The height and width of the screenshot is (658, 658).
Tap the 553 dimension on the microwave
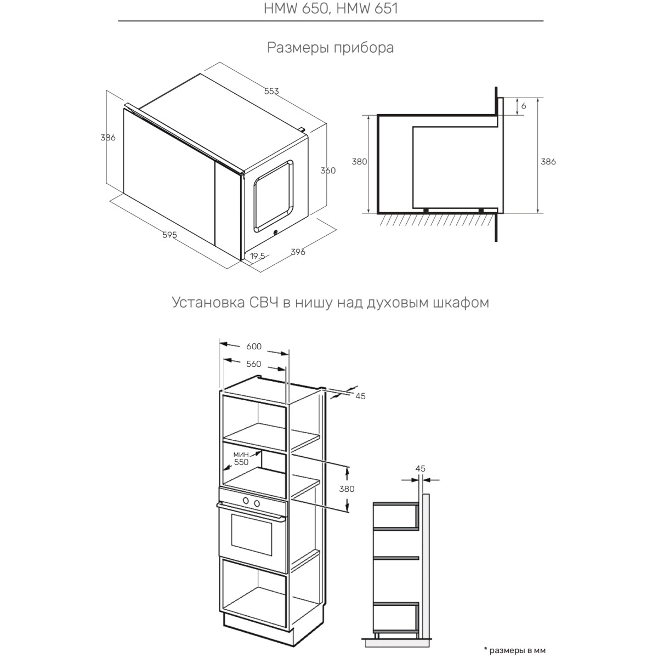coord(271,91)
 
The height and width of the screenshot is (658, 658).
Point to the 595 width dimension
coord(169,235)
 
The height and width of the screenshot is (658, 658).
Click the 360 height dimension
coord(328,171)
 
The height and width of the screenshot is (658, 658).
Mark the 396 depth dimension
coord(298,252)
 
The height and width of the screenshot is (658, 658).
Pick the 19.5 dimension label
coord(258,256)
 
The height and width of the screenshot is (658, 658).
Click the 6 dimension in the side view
coord(524,106)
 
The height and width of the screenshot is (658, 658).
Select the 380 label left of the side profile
coord(360,162)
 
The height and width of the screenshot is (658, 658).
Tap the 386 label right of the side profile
coord(548,162)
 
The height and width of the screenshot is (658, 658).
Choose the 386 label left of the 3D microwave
coord(108,138)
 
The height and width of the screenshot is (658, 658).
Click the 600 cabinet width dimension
coord(254,347)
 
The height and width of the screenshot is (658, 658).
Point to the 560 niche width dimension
coord(253,364)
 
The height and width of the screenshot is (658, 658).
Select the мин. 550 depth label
coord(241,458)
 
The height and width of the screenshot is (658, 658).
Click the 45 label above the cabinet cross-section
coord(421,469)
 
